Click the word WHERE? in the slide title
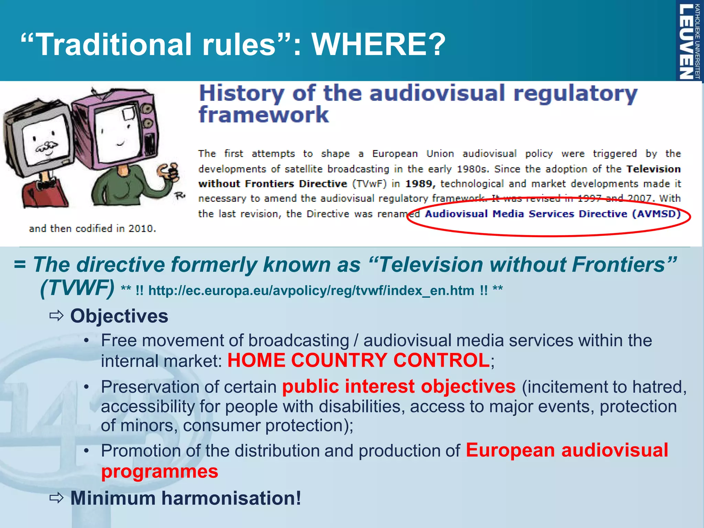[378, 44]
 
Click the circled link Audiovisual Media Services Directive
[553, 214]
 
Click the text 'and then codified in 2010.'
[92, 229]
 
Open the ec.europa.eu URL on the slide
[311, 291]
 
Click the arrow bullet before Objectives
[56, 316]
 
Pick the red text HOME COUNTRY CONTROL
[359, 361]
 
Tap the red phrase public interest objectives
[399, 386]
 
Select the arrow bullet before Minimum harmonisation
[56, 498]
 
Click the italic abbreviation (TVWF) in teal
[77, 288]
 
